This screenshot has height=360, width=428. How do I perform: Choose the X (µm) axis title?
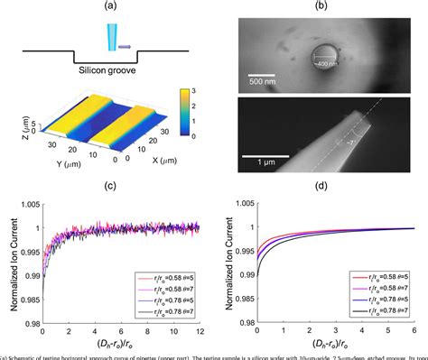pos(132,166)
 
